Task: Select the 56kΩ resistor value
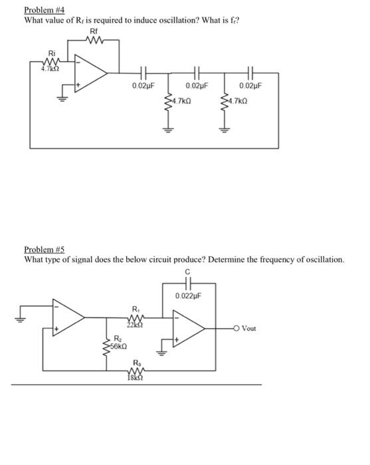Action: (120, 347)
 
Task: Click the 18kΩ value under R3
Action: (136, 378)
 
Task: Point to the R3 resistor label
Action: (137, 363)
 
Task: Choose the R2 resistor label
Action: (118, 338)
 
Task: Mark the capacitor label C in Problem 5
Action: (188, 270)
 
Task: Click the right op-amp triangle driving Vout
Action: (188, 329)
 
